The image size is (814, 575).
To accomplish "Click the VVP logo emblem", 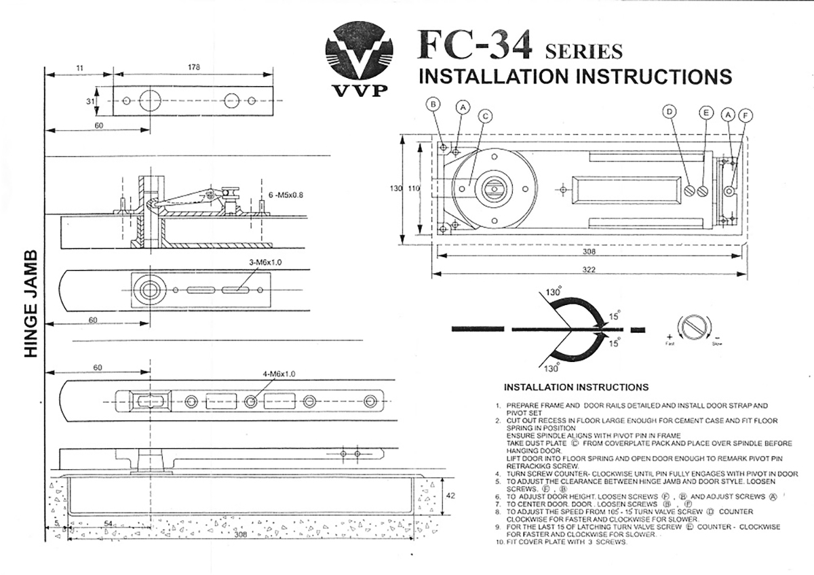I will [x=359, y=55].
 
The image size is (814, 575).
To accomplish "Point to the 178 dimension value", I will [x=194, y=66].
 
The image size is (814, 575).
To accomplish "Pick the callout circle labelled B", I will [x=433, y=104].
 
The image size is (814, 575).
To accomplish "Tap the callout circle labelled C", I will [x=484, y=116].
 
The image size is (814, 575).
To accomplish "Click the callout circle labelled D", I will [x=670, y=111].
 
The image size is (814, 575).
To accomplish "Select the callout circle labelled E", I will [x=706, y=113].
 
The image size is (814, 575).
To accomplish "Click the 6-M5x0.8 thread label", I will [x=286, y=195].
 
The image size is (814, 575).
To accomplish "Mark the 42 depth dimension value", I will [x=450, y=495].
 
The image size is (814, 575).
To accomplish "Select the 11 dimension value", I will [x=79, y=66].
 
